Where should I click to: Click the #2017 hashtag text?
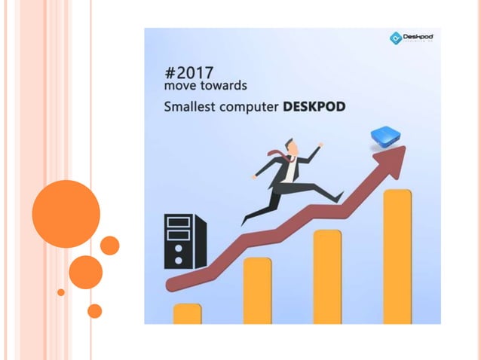click(x=188, y=74)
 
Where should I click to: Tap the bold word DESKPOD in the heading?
click(x=314, y=107)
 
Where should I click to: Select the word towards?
click(x=221, y=88)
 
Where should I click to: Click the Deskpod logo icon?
click(x=395, y=38)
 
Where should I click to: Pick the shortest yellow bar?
click(x=187, y=313)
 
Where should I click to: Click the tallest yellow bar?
click(x=397, y=256)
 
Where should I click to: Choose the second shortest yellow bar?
click(x=257, y=290)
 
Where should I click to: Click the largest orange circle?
click(x=66, y=213)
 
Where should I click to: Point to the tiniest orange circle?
click(x=61, y=292)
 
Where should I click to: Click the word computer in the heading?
click(x=253, y=108)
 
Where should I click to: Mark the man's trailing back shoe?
click(x=245, y=220)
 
